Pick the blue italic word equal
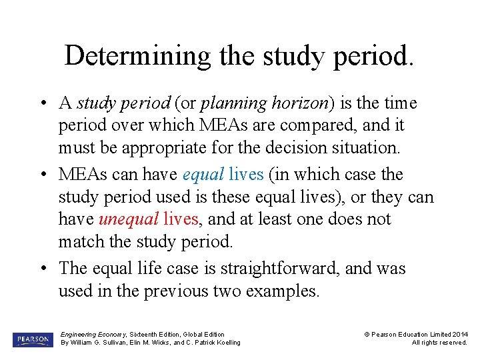pos(203,175)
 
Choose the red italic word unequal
pos(129,219)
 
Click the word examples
pos(283,291)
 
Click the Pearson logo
pos(32,339)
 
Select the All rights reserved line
pos(439,343)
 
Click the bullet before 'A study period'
pos(43,104)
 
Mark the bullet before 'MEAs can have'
pos(43,175)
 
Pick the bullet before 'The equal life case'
pos(43,269)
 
